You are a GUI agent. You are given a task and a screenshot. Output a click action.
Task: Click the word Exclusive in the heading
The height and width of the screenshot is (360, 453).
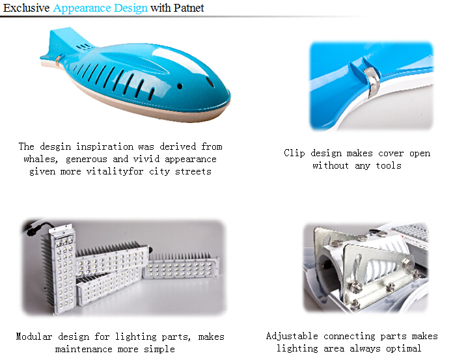[x=26, y=8]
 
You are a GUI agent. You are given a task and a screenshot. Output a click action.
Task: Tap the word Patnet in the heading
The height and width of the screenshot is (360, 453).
[x=189, y=8]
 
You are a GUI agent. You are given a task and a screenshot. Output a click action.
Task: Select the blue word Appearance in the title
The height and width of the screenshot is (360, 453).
[x=82, y=8]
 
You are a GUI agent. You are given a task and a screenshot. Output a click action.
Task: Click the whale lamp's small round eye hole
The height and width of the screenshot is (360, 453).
[x=180, y=86]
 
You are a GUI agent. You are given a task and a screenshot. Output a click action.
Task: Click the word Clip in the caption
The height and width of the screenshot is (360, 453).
[x=294, y=153]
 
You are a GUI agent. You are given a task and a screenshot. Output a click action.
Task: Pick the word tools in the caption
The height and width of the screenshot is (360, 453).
[x=389, y=165]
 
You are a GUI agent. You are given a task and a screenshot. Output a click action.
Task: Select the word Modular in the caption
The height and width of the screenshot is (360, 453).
[x=34, y=337]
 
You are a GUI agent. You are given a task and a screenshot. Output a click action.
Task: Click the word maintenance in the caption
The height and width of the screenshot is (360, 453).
[x=83, y=349]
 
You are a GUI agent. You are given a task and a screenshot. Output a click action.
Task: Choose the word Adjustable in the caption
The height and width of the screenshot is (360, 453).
[x=292, y=337]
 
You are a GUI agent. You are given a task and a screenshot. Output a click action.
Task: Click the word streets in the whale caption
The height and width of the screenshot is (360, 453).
[x=193, y=172]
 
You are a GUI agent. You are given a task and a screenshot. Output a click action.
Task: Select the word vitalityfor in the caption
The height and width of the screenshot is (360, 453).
[x=115, y=172]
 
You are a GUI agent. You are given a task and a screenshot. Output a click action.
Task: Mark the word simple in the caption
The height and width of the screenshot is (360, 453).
[x=159, y=349]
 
